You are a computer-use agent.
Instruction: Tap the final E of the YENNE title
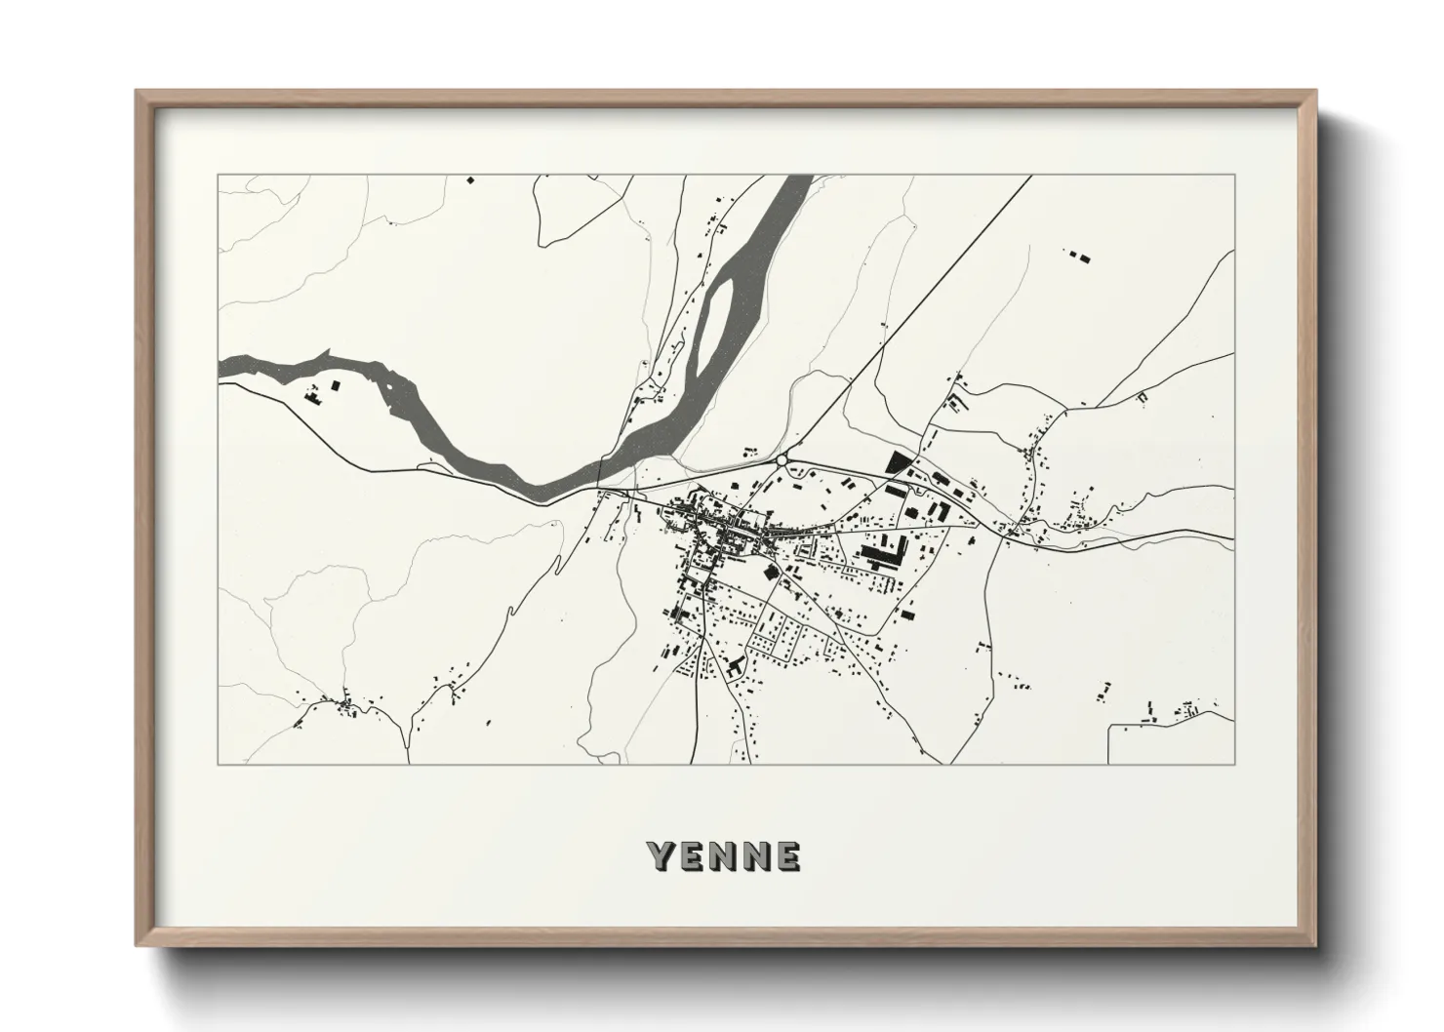[788, 855]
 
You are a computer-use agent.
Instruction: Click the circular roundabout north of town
[782, 458]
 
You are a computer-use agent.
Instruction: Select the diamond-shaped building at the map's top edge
[469, 179]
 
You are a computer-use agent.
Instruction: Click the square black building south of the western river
[337, 386]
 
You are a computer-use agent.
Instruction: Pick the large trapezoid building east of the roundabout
[896, 461]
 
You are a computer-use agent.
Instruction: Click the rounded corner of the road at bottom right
[1111, 728]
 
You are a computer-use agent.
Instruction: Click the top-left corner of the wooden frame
[138, 93]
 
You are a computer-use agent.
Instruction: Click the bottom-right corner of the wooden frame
[1314, 946]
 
